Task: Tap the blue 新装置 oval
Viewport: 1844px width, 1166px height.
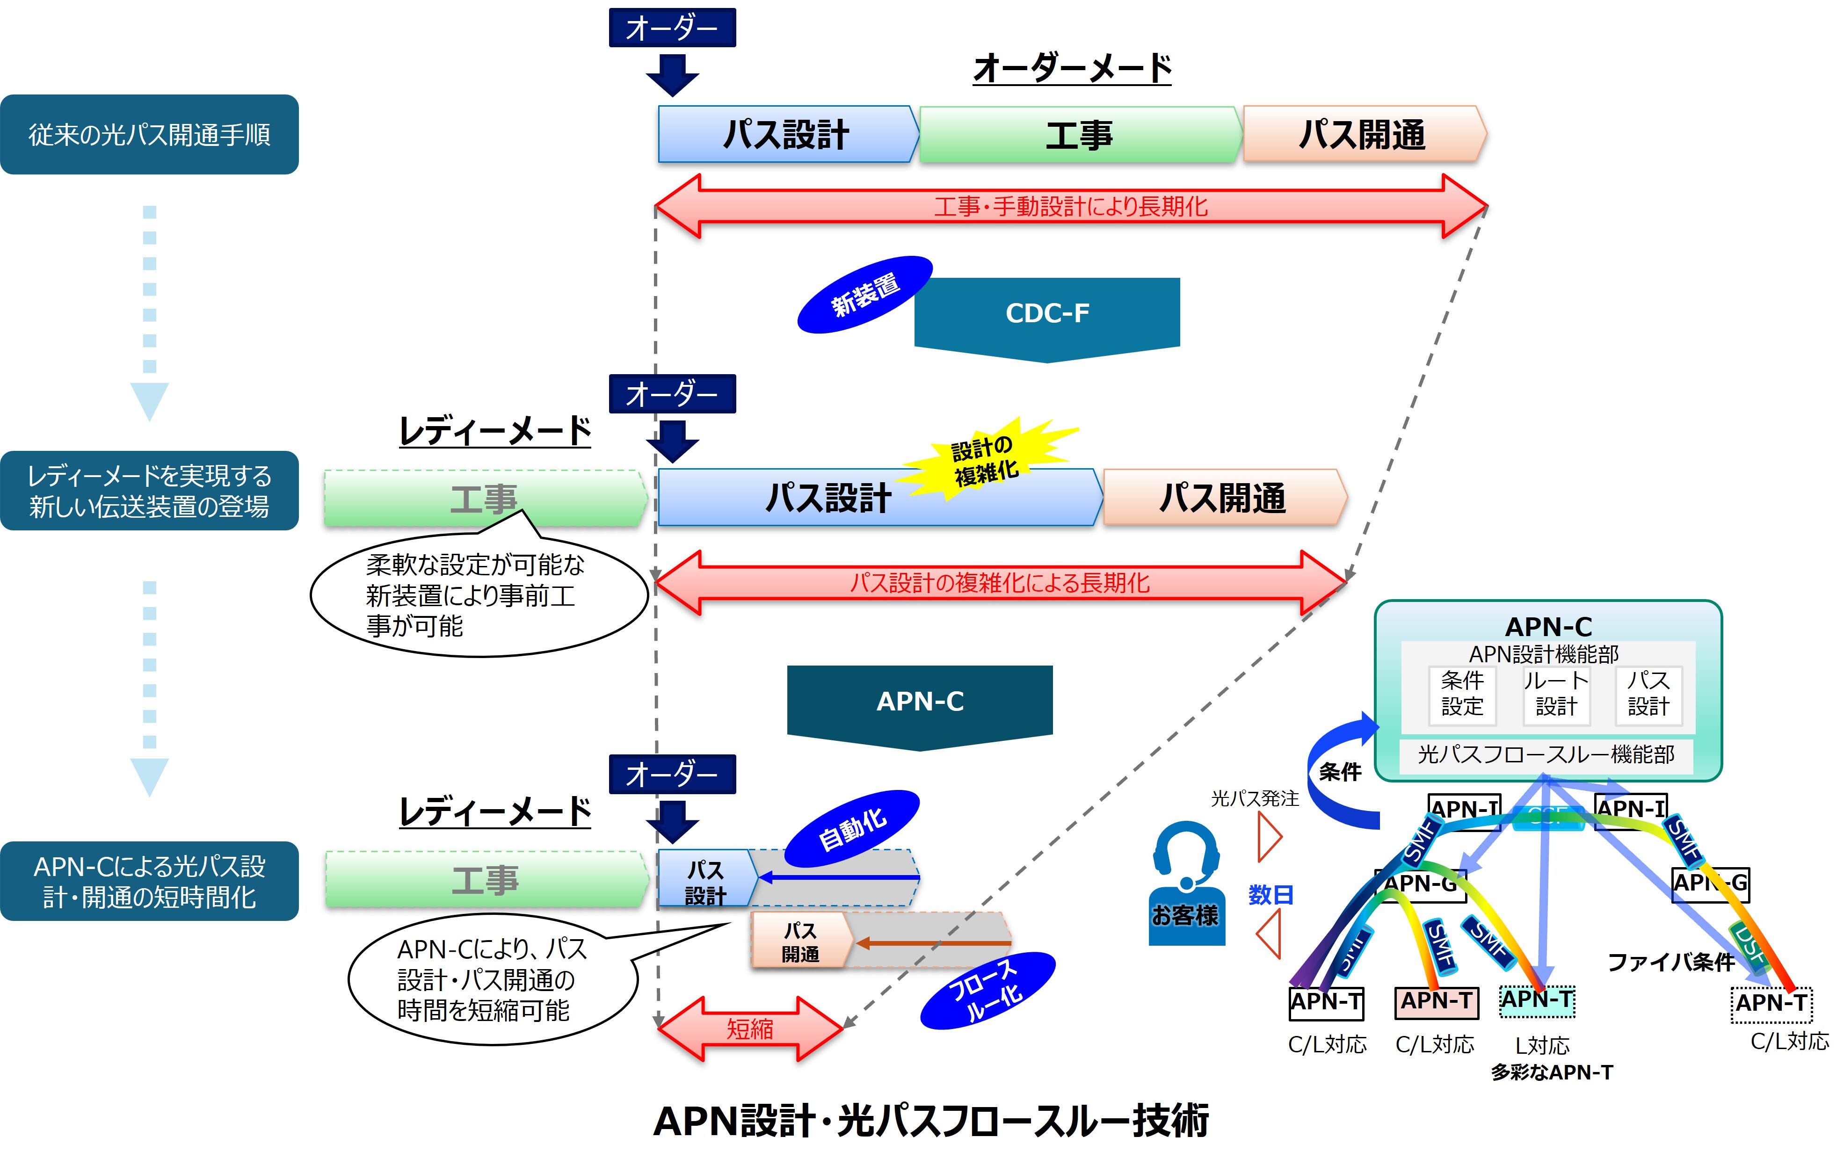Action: pos(864,295)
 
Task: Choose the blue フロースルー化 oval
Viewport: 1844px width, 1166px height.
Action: pos(988,991)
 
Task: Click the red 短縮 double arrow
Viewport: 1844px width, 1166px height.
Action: pos(750,1029)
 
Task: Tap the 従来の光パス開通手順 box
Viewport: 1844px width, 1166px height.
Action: pos(149,135)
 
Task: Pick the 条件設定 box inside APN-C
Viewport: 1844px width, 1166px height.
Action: pos(1462,694)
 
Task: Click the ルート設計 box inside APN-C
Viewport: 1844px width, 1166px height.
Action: pos(1556,694)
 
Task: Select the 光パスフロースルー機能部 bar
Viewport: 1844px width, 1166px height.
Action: pos(1546,755)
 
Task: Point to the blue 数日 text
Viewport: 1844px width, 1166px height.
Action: pos(1270,894)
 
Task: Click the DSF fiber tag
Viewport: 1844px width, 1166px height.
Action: pos(1748,944)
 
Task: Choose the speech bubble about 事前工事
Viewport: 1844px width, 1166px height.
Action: pos(479,596)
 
